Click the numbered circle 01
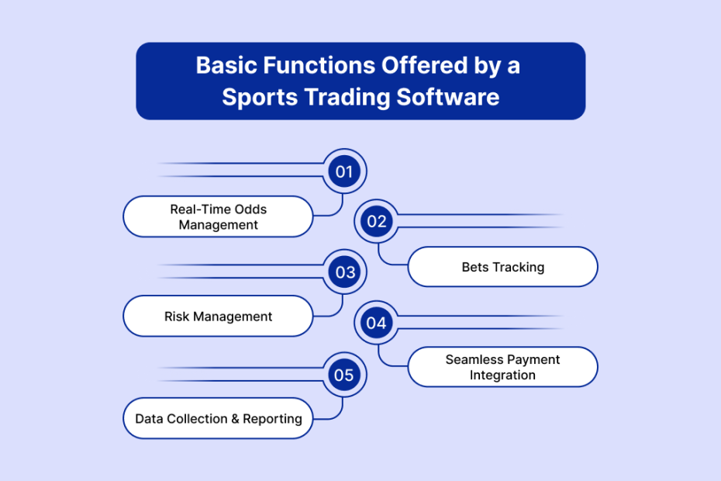[344, 171]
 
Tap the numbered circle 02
[377, 221]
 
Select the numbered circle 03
[344, 272]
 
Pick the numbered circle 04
[377, 323]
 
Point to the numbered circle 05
[344, 375]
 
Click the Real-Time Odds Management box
[218, 216]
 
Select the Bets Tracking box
[502, 267]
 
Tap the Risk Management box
[218, 317]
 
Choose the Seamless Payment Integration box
[502, 367]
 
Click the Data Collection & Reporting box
[218, 418]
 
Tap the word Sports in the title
[260, 98]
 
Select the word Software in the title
[448, 97]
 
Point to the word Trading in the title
[347, 98]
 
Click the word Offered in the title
[424, 65]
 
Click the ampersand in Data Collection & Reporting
[235, 419]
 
